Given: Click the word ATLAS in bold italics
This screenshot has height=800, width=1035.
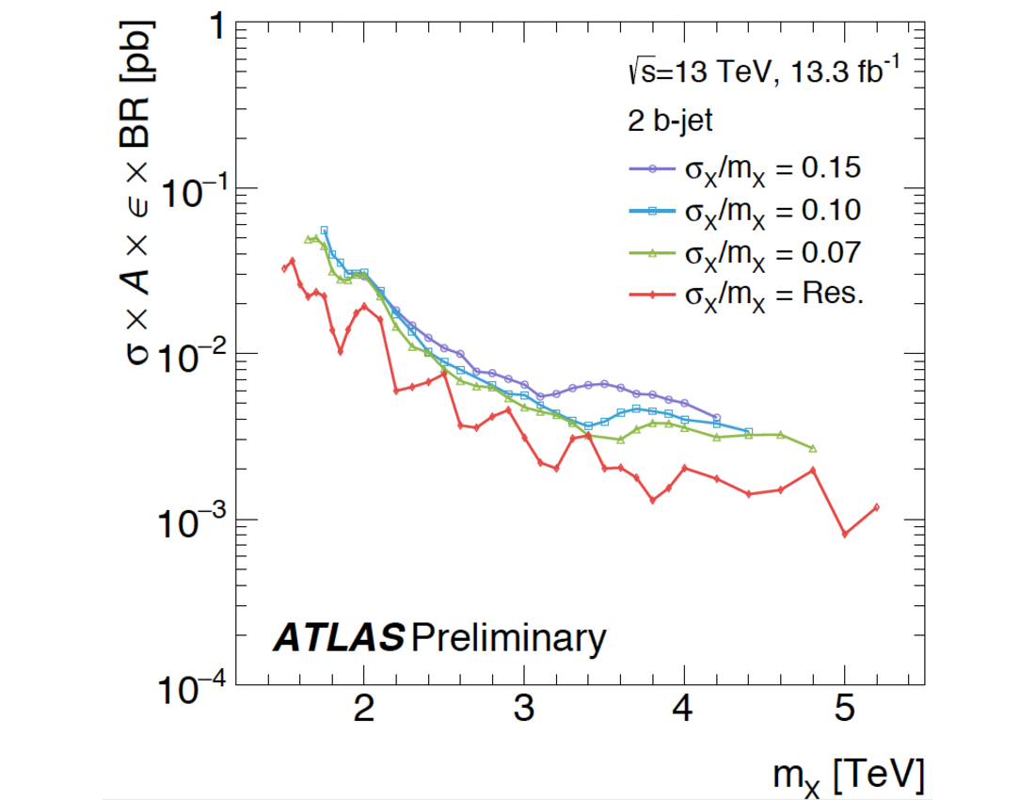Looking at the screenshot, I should pyautogui.click(x=339, y=640).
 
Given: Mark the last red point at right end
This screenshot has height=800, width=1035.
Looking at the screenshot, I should pyautogui.click(x=876, y=507).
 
